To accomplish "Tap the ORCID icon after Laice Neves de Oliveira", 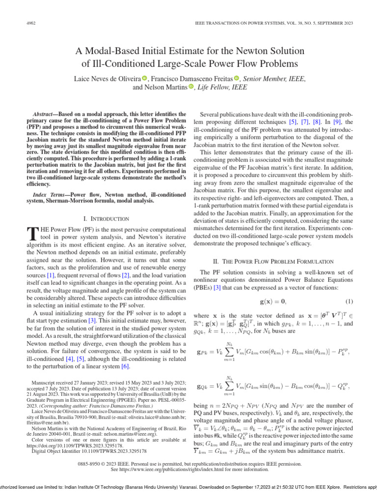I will click(x=145, y=78).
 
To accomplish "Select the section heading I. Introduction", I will click(x=106, y=219).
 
